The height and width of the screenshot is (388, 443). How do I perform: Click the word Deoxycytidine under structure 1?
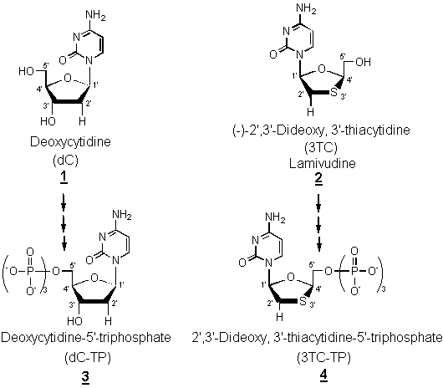pyautogui.click(x=70, y=142)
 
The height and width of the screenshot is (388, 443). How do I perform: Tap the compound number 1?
pyautogui.click(x=64, y=178)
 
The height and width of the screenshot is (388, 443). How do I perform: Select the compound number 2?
pyautogui.click(x=318, y=178)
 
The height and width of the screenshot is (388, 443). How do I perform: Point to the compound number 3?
pyautogui.click(x=85, y=376)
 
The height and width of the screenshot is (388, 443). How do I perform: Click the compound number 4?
pyautogui.click(x=323, y=375)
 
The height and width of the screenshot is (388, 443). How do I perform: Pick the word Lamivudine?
pyautogui.click(x=322, y=163)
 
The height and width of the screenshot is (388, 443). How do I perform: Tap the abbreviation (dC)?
pyautogui.click(x=65, y=160)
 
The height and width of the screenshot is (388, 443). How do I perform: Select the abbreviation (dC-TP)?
pyautogui.click(x=86, y=358)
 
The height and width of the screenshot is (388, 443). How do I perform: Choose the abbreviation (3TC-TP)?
pyautogui.click(x=323, y=358)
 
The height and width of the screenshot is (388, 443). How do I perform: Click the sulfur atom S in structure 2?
pyautogui.click(x=334, y=93)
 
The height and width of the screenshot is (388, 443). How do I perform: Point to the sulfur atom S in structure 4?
pyautogui.click(x=303, y=301)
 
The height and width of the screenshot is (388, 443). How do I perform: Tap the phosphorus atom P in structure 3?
pyautogui.click(x=30, y=271)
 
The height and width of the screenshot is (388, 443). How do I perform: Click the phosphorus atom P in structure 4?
pyautogui.click(x=354, y=271)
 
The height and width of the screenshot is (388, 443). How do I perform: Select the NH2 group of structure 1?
pyautogui.click(x=95, y=15)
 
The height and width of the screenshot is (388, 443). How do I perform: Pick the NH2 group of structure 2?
pyautogui.click(x=306, y=8)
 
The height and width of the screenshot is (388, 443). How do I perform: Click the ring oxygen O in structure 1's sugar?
pyautogui.click(x=67, y=78)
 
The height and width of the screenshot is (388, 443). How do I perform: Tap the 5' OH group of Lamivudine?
pyautogui.click(x=364, y=62)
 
